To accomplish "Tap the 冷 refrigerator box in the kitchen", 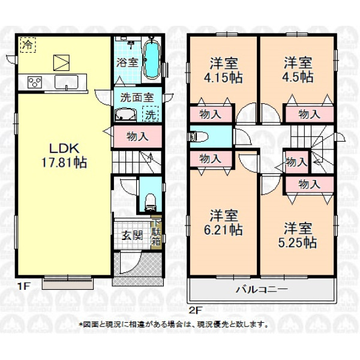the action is [x=28, y=45].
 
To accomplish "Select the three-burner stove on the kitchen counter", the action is [x=35, y=82].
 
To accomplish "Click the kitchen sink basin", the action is [x=66, y=82].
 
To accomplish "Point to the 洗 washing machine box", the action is [x=150, y=113].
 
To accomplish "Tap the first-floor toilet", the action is [x=150, y=202].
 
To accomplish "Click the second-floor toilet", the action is [x=198, y=137].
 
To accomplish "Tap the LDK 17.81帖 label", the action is [x=64, y=155].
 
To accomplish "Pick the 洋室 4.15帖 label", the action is [x=223, y=70].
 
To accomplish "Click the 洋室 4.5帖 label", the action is [x=298, y=70].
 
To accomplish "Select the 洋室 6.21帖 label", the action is [x=223, y=223].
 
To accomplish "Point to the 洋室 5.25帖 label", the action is [x=298, y=235].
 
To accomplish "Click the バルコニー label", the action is [x=262, y=290].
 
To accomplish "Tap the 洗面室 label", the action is [x=137, y=97].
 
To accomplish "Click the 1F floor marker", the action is [x=23, y=286].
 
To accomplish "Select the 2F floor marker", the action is [x=195, y=311].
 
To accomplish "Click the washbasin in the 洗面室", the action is [x=125, y=115].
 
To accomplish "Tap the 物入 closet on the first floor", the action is [x=138, y=137].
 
